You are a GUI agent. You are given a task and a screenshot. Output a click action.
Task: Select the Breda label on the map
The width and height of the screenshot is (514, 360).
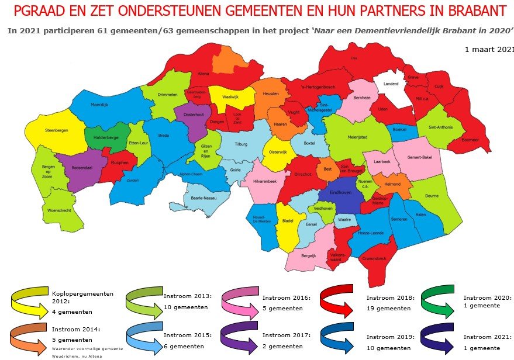[x=163, y=136]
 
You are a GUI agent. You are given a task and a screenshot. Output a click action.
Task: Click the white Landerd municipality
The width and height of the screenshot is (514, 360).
[x=391, y=84]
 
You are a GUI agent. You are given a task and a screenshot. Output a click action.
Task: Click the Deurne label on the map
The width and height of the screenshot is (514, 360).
[x=431, y=196]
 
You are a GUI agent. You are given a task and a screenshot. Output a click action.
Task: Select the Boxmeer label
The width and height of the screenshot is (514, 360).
[x=470, y=140]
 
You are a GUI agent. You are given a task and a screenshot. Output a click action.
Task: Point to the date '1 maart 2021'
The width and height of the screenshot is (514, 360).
[x=488, y=50]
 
